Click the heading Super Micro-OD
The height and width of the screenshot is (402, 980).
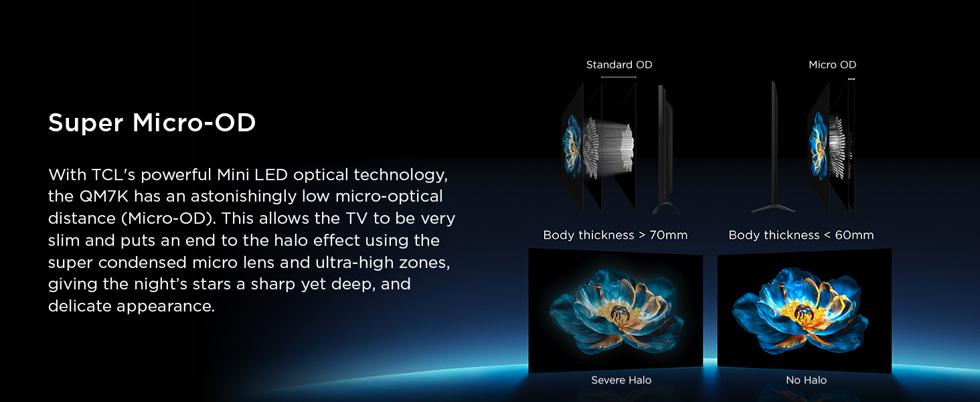(x=152, y=123)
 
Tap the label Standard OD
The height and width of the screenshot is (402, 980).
(x=619, y=65)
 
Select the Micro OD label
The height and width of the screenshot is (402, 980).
(x=832, y=65)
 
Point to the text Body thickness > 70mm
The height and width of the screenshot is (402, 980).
(x=615, y=235)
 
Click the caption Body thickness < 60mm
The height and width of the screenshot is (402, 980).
(x=801, y=235)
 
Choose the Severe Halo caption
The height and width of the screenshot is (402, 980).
(x=621, y=381)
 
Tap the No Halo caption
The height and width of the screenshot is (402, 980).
(x=806, y=381)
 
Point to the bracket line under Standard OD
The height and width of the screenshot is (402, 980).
(x=618, y=78)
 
